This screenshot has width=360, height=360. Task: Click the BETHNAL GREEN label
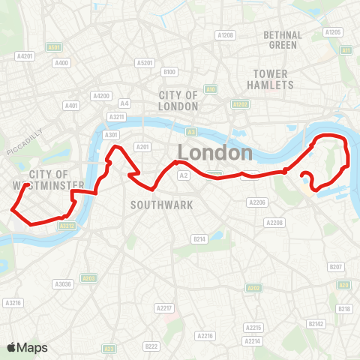(x=283, y=40)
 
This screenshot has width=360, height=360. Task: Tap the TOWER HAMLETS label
(x=272, y=79)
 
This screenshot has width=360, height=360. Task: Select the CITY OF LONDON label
(x=178, y=100)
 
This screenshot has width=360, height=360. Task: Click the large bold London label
(x=215, y=153)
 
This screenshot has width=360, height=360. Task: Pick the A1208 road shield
(x=225, y=35)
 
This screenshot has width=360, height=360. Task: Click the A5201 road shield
(x=146, y=63)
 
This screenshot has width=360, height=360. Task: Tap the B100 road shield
(x=169, y=72)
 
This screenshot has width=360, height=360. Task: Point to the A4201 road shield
(x=25, y=55)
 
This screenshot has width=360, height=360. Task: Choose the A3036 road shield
(x=63, y=283)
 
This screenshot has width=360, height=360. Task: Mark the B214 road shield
(x=199, y=238)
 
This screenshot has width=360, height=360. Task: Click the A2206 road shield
(x=257, y=202)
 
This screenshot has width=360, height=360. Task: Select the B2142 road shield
(x=317, y=323)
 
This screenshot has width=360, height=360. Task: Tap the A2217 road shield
(x=163, y=308)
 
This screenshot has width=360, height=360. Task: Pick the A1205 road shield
(x=333, y=32)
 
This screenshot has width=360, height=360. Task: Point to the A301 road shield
(x=112, y=135)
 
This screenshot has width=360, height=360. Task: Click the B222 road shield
(x=151, y=346)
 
